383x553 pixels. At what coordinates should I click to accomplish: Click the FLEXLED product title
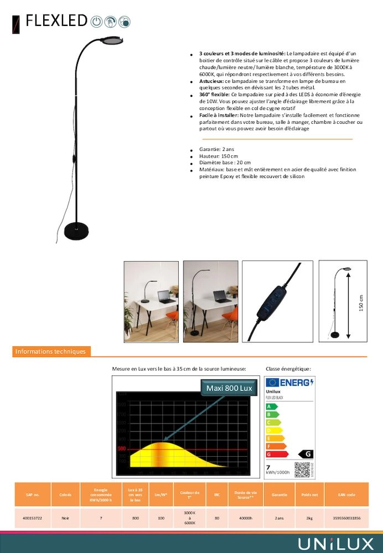tap(56, 21)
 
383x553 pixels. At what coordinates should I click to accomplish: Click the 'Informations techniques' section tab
tap(51, 351)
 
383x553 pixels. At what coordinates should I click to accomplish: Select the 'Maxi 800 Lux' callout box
tap(229, 388)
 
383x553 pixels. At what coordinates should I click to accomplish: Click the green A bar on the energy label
tap(271, 406)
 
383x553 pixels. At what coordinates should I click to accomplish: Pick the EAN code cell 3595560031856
tap(346, 518)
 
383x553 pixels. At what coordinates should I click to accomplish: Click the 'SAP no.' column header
tap(33, 494)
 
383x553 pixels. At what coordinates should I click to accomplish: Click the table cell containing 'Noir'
tap(65, 518)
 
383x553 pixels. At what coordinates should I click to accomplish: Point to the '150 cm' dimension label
tap(361, 302)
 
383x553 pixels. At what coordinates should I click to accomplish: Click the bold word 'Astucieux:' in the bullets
tap(212, 81)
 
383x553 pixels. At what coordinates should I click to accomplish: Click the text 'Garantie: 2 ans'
tap(216, 149)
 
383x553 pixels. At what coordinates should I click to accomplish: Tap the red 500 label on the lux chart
tap(122, 448)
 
